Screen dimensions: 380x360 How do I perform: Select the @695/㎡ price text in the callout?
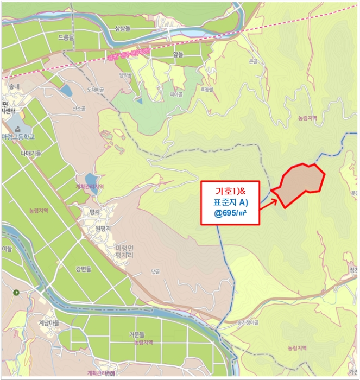pyautogui.click(x=230, y=213)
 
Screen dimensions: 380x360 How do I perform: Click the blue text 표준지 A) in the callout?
pyautogui.click(x=230, y=202)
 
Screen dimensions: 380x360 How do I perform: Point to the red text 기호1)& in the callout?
pyautogui.click(x=230, y=191)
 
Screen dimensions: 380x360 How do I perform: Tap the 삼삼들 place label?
pyautogui.click(x=123, y=28)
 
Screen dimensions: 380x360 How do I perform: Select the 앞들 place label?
pyautogui.click(x=178, y=54)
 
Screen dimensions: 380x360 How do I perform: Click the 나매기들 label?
pyautogui.click(x=31, y=154)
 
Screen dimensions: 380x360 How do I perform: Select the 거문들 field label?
pyautogui.click(x=141, y=335)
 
